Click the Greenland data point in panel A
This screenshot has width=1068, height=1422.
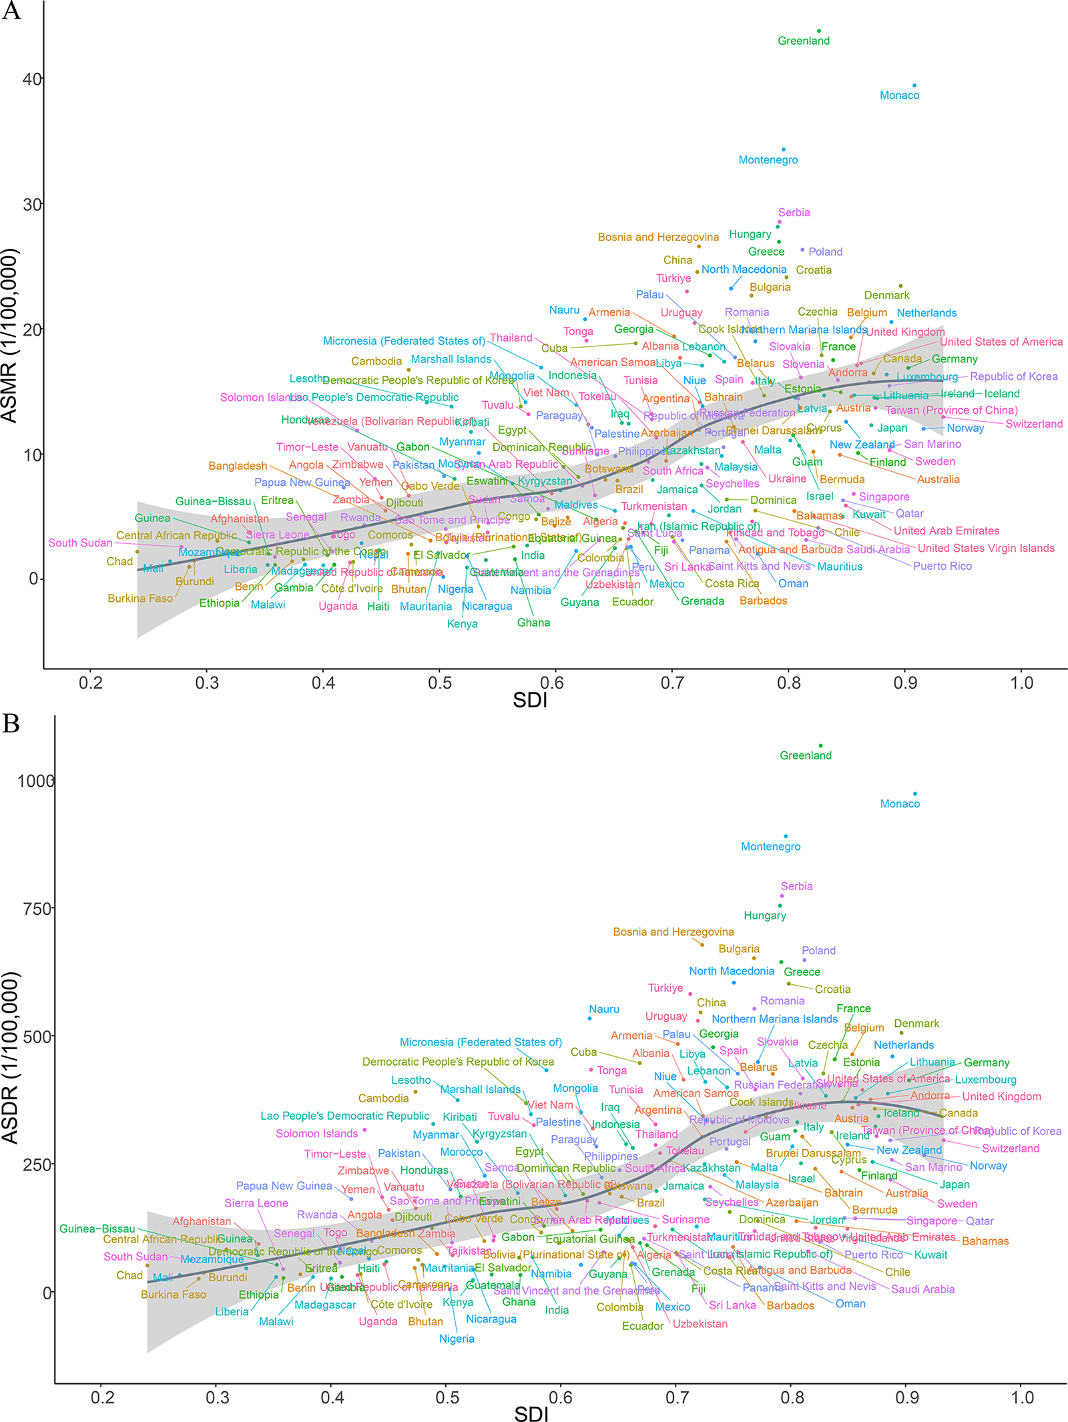pos(819,31)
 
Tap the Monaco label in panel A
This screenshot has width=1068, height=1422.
pos(899,95)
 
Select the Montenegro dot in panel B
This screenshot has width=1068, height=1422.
pos(786,836)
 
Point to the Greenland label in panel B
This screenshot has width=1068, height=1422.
pos(806,755)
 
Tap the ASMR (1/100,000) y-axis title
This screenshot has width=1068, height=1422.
pos(9,336)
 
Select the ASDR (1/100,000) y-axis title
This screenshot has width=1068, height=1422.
pos(9,1058)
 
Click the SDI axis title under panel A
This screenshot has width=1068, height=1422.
pos(530,700)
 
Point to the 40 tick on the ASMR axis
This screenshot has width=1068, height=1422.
pos(31,79)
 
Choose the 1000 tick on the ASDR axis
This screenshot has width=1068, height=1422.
pos(35,781)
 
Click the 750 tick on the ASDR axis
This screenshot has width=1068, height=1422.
pos(38,909)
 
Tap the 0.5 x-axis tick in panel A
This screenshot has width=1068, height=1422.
pos(439,683)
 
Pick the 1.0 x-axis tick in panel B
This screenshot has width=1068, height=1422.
pos(1022,1397)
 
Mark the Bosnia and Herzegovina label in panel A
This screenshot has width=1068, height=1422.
pos(658,237)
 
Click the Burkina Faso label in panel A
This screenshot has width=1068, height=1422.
pos(140,599)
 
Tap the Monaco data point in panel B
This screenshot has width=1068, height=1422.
pos(915,794)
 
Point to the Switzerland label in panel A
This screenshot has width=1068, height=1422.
pos(1034,424)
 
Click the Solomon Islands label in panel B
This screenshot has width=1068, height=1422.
pos(317,1134)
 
